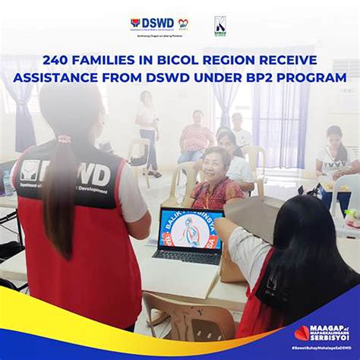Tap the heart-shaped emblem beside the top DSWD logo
click(x=183, y=24)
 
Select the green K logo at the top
click(x=220, y=25)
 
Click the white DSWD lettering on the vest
click(x=84, y=172)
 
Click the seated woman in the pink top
click(x=195, y=137)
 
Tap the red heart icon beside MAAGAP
click(x=302, y=333)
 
